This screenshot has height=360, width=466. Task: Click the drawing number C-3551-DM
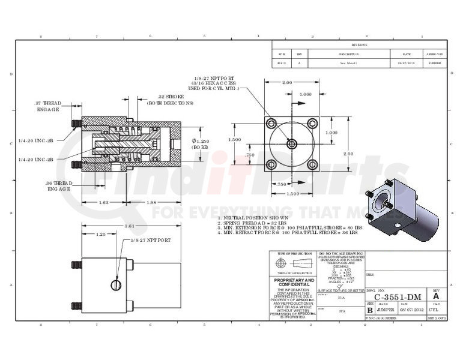pyautogui.click(x=397, y=297)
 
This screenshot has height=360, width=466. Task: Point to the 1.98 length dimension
pyautogui.click(x=151, y=202)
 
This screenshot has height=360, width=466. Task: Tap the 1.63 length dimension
pyautogui.click(x=103, y=202)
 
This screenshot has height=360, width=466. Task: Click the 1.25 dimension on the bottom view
pyautogui.click(x=101, y=235)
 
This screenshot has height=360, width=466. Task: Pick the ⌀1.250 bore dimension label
pyautogui.click(x=200, y=143)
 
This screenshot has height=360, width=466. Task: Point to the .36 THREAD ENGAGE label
pyautogui.click(x=59, y=185)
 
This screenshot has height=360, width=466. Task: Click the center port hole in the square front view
pyautogui.click(x=291, y=144)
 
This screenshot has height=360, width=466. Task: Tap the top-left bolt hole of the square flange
pyautogui.click(x=271, y=124)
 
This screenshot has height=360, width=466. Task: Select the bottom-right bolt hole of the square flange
pyautogui.click(x=312, y=164)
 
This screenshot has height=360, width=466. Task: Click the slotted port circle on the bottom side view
pyautogui.click(x=116, y=284)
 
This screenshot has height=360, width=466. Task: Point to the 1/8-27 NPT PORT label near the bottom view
pyautogui.click(x=151, y=240)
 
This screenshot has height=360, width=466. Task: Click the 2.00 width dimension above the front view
pyautogui.click(x=287, y=82)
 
